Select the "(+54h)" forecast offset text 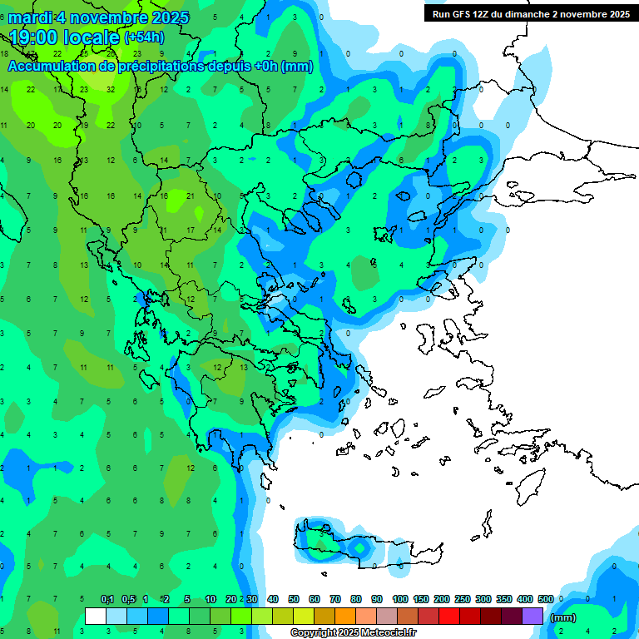coord(143,37)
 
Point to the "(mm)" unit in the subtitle coord(297,67)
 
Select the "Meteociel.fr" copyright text coord(361,633)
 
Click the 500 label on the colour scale coord(546,599)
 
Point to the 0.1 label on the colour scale coord(107,599)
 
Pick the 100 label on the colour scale coord(400,599)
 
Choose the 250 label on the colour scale coord(463,599)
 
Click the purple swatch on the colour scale coord(532,617)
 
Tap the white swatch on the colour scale coord(96,617)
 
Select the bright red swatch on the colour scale coord(449,617)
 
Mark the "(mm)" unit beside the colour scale coord(563,617)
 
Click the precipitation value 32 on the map coord(111,89)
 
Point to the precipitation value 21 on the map coord(191,196)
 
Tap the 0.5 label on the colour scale coord(128,599)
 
